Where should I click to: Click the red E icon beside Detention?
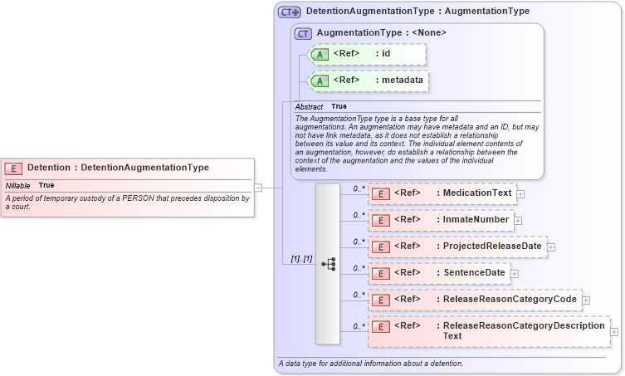click(14, 168)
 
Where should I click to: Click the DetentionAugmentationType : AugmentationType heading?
click(417, 12)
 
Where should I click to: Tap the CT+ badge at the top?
click(289, 12)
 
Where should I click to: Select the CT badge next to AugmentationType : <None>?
click(303, 33)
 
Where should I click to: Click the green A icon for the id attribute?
click(320, 54)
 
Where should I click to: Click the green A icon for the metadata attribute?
click(320, 81)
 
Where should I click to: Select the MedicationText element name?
click(476, 193)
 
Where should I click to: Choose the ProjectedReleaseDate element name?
click(491, 247)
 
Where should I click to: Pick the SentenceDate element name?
click(474, 273)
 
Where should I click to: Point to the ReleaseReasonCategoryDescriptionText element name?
click(523, 330)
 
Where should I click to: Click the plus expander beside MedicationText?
click(520, 194)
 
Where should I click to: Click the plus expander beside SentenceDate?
click(515, 273)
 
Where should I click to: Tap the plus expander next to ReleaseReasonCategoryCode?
click(585, 300)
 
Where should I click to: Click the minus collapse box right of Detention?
click(258, 188)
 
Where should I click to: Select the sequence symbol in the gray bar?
click(328, 264)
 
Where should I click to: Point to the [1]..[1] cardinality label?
click(301, 259)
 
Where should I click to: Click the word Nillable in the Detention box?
click(17, 185)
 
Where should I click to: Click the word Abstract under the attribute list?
click(309, 107)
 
